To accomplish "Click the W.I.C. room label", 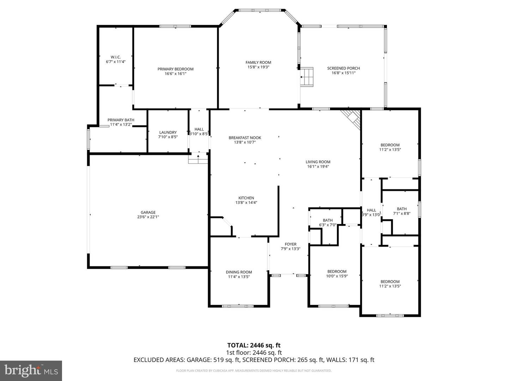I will (115, 57).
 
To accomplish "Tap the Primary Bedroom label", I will (175, 69).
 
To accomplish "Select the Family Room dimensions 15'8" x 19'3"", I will (258, 67).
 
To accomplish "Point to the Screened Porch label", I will (343, 68).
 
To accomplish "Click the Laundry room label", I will (168, 133).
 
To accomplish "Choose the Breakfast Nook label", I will (245, 138).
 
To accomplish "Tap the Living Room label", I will (318, 162).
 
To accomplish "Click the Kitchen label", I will (246, 198).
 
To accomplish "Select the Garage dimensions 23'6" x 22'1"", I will (148, 217).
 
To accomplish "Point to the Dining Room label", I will (239, 272).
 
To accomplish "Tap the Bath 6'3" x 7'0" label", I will (327, 220).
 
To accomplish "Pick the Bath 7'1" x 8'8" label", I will (401, 209).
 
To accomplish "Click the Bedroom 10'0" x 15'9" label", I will (337, 272).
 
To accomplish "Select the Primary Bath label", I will (121, 120).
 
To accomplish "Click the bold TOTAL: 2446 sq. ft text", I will (254, 345).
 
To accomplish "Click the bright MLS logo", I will (31, 370).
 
